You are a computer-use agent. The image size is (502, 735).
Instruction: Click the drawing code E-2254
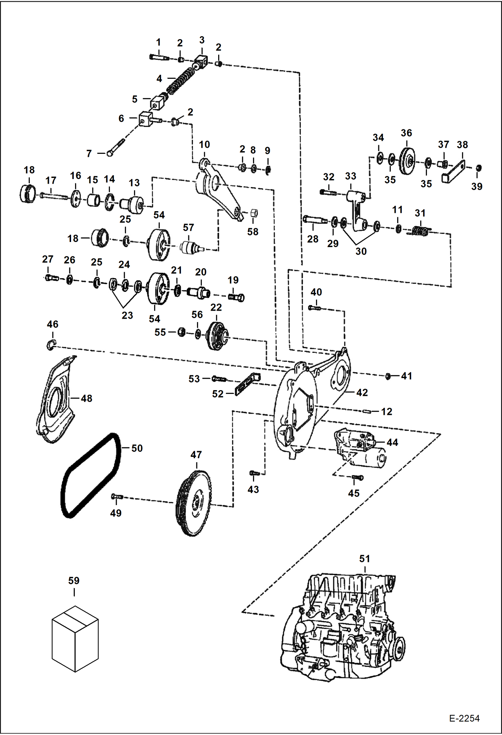pos(464,718)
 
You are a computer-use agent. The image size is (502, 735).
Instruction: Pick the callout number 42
pos(362,392)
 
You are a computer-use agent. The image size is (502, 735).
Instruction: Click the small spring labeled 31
pos(420,231)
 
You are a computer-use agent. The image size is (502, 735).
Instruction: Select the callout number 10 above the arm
pos(204,144)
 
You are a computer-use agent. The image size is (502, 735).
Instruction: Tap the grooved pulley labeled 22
pos(217,336)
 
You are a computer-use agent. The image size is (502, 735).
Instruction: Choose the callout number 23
pos(127,315)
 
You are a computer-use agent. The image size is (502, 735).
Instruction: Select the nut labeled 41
pos(388,376)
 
